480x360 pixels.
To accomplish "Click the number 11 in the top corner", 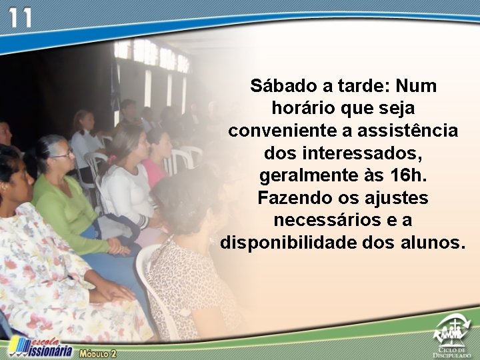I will click(x=20, y=17).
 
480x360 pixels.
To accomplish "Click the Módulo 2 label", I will click(x=98, y=353).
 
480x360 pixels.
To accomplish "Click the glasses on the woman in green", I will click(x=64, y=155).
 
